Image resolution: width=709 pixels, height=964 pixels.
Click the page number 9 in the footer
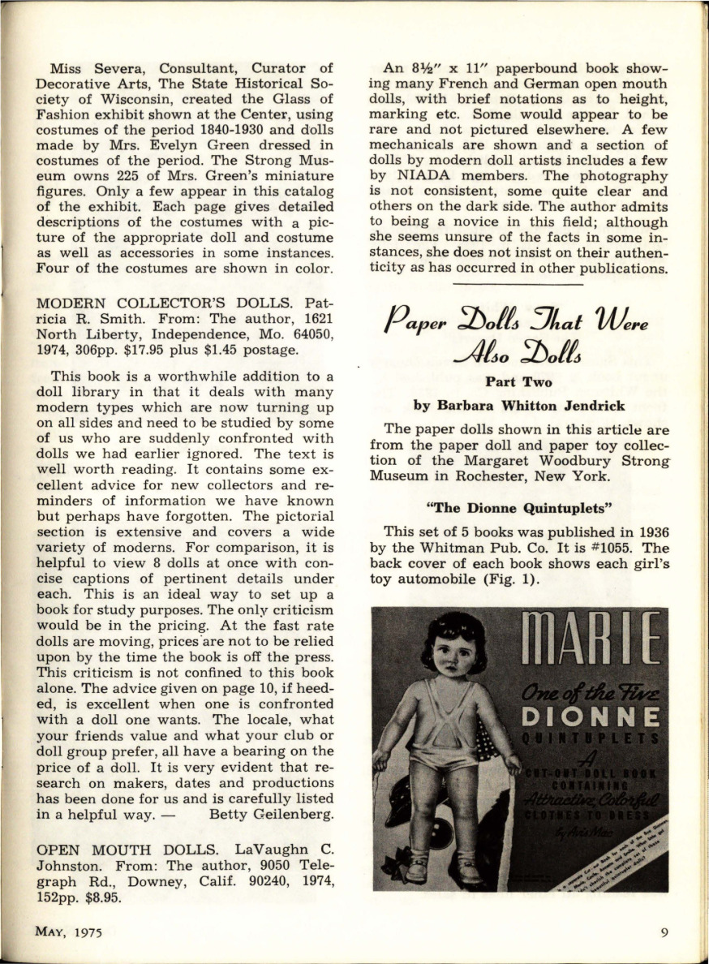664,932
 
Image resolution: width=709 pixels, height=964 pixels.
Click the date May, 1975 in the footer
68,932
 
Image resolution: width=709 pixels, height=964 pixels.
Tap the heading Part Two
518,381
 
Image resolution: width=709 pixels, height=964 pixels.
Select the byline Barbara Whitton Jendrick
518,406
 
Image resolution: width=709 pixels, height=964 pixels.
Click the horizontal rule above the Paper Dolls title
518,284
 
